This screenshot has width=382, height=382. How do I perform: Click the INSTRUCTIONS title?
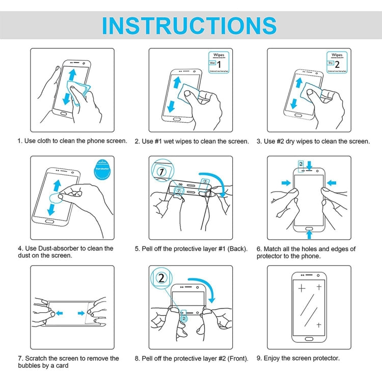tap(189, 25)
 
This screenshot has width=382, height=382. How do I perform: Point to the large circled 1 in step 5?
tap(161, 171)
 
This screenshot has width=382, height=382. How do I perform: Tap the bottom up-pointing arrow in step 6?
tap(309, 233)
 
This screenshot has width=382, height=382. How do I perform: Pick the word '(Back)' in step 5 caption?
tap(237, 249)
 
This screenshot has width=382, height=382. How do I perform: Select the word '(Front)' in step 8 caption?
tap(237, 359)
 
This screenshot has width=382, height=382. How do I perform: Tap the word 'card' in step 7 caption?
tap(60, 366)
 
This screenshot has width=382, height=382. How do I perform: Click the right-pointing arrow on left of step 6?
tap(285, 182)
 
